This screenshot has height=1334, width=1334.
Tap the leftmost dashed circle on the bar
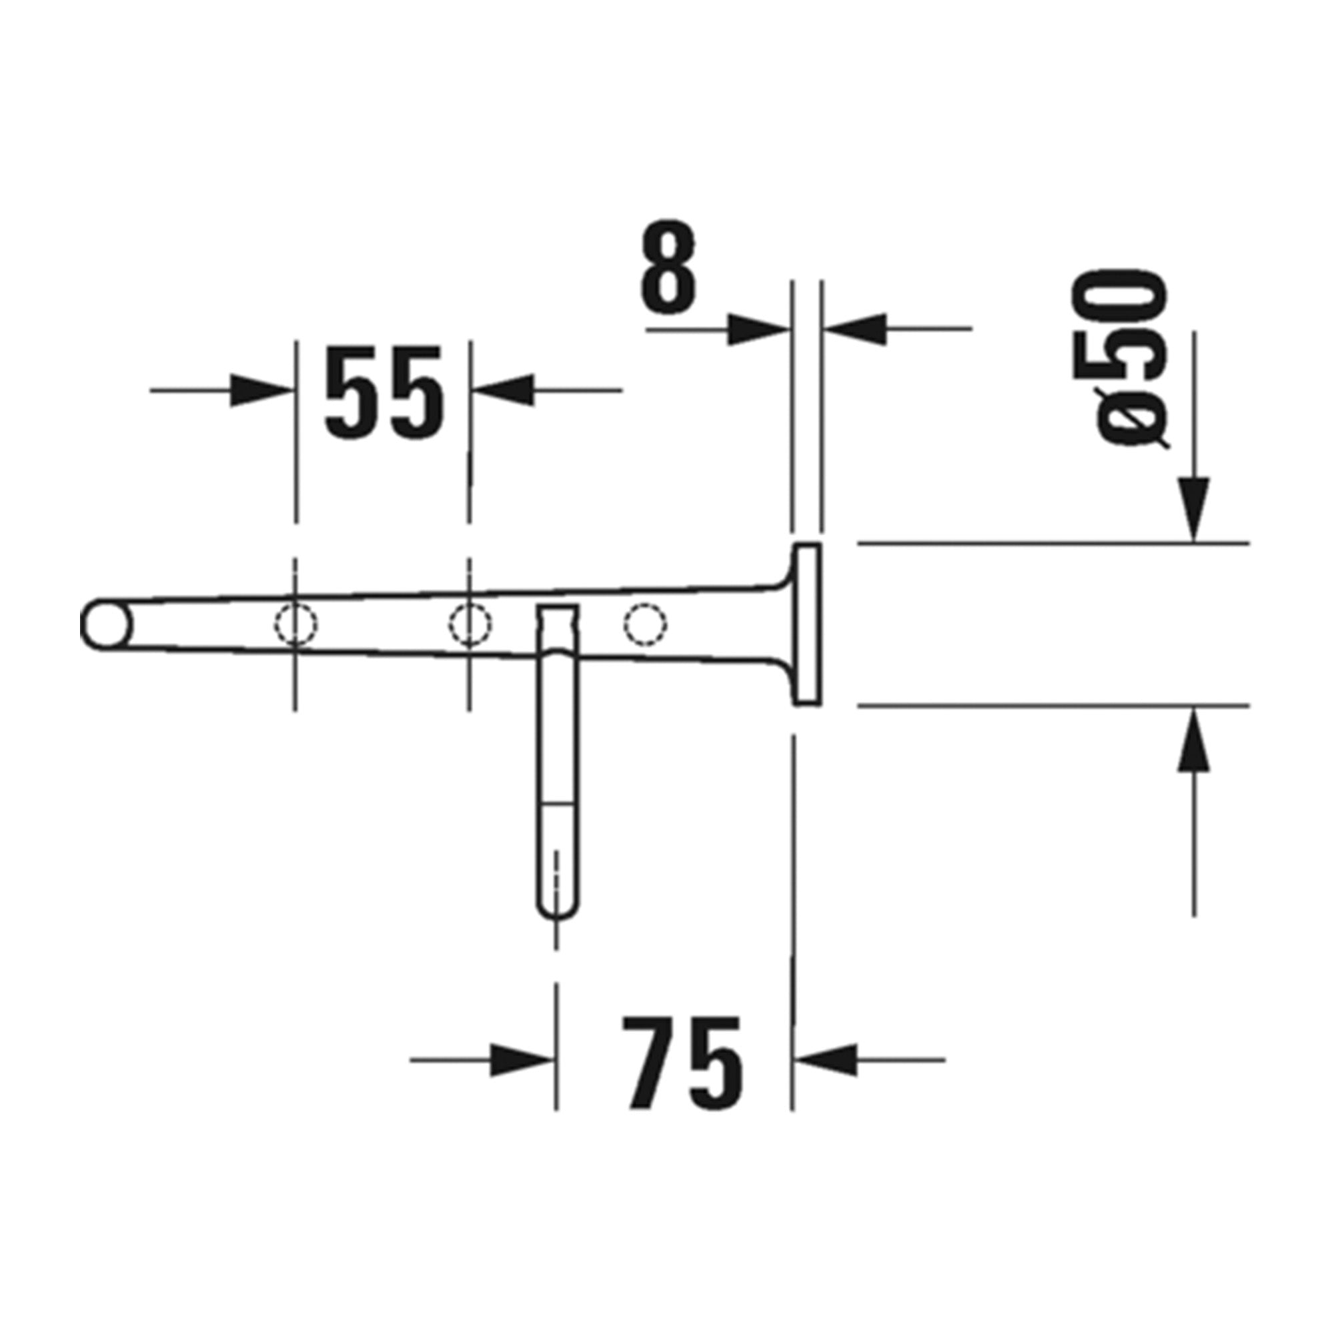click(x=295, y=624)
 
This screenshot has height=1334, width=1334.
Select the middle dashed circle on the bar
click(x=470, y=624)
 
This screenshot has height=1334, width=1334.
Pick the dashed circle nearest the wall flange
click(x=646, y=624)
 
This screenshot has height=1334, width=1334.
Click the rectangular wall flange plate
click(x=806, y=624)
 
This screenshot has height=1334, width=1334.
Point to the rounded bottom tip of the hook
click(x=557, y=910)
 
